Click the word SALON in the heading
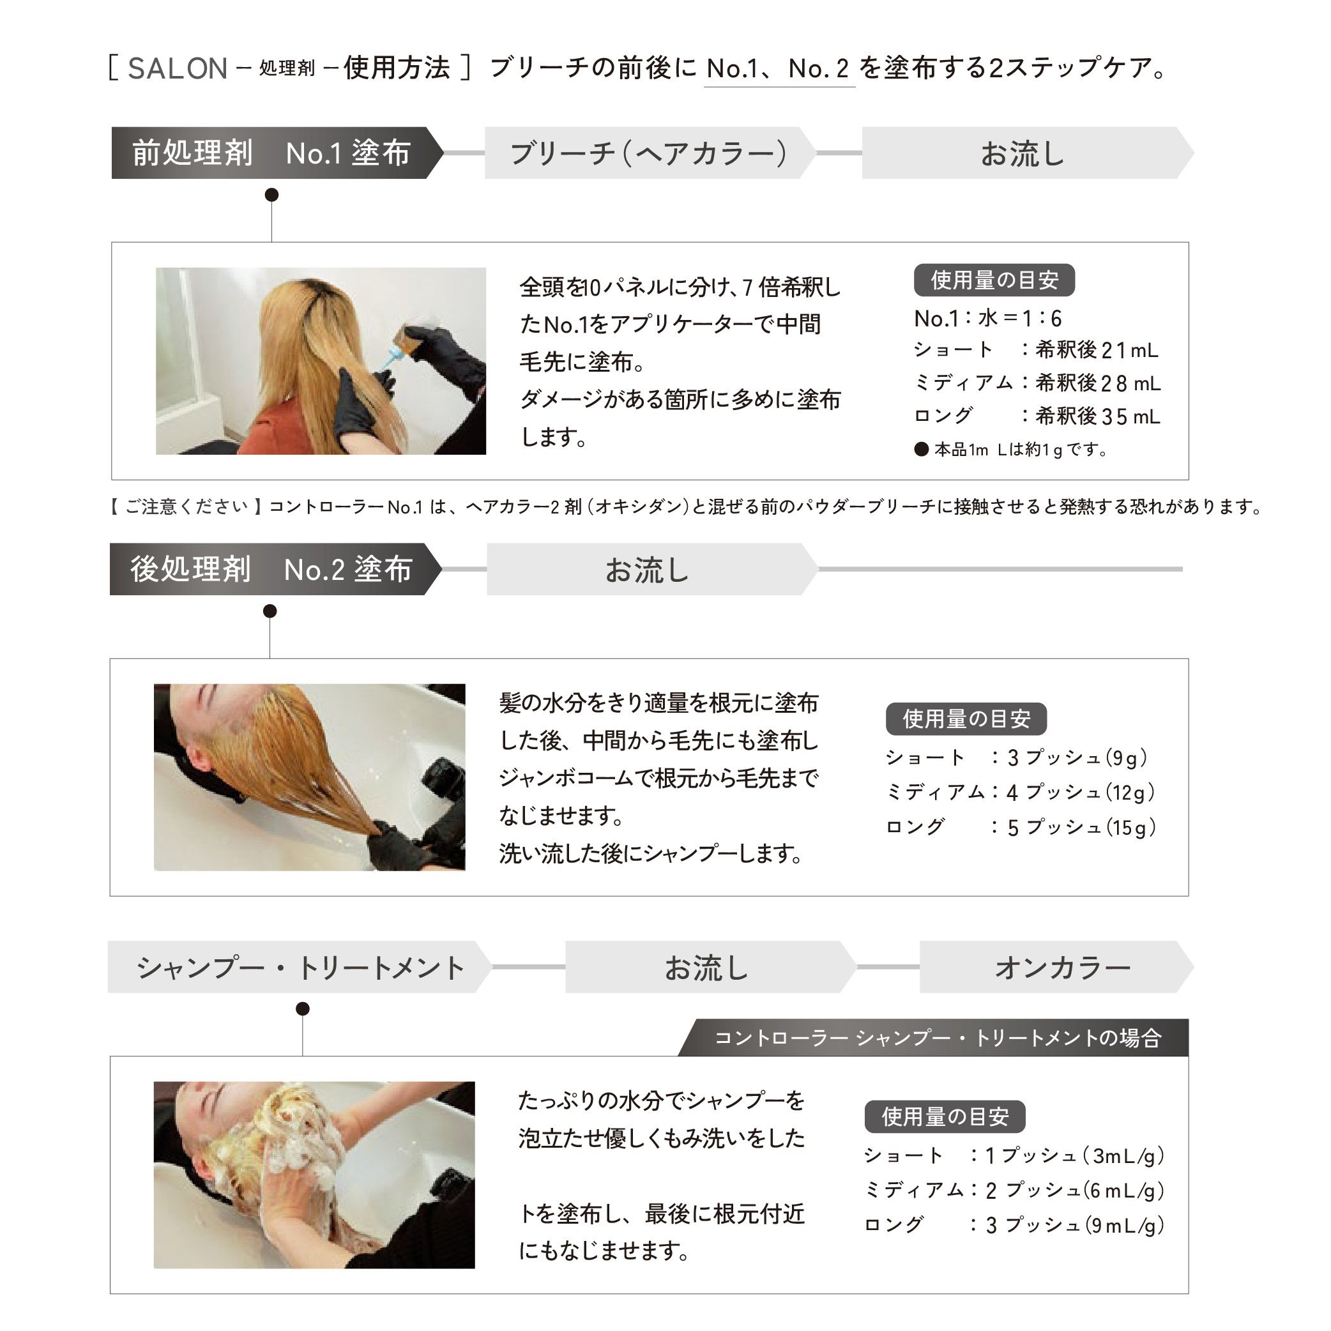coord(177,68)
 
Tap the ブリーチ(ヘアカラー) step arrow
coord(648,153)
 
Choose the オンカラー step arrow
coord(1061,967)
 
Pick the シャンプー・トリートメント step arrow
coord(300,967)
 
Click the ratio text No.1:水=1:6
coord(987,318)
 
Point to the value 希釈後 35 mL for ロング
coord(1097,416)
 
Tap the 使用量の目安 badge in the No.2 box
coord(966,719)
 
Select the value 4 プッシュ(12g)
coord(1079,792)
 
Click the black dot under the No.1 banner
coord(272,195)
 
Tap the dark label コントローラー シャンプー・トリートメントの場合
coord(937,1037)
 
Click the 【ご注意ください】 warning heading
coord(186,507)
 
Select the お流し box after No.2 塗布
coord(648,570)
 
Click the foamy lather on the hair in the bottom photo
coord(296,1137)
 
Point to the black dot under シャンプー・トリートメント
coord(303,1009)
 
